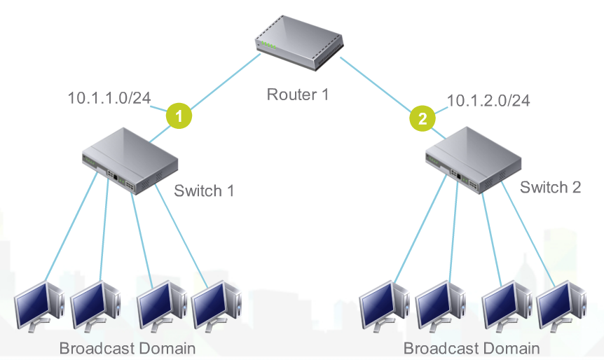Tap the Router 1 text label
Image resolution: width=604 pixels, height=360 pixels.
pos(297,95)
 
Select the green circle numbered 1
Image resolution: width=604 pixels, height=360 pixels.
pos(179,117)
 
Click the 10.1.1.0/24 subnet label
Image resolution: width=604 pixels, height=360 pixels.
pos(109,98)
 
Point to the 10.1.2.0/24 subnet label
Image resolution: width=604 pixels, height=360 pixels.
pos(488,100)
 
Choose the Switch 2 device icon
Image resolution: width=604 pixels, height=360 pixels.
pos(474,162)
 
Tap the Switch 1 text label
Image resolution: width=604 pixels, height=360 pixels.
pos(203,191)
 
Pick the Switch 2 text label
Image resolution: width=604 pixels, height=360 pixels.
pos(551,188)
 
